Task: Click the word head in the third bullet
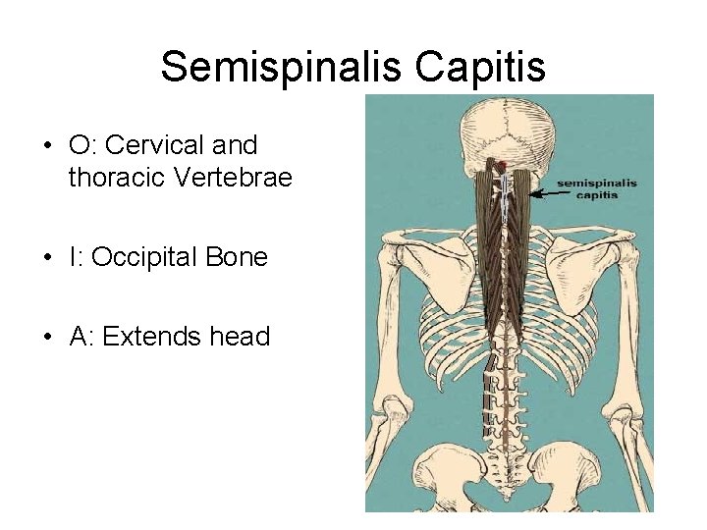click(x=240, y=337)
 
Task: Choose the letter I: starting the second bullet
click(x=76, y=257)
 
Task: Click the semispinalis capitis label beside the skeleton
click(x=597, y=187)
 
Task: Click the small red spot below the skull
click(x=503, y=164)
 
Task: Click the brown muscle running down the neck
click(x=503, y=245)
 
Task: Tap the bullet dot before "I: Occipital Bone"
click(x=47, y=258)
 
